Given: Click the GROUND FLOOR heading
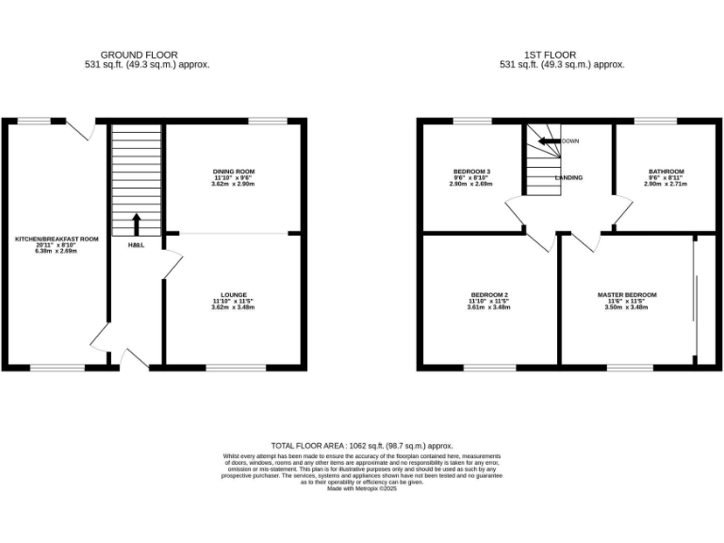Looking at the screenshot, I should (x=139, y=55).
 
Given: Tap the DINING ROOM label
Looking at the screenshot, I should (x=233, y=172).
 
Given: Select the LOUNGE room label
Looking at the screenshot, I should (x=233, y=295).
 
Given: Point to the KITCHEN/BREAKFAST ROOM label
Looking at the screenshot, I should (x=57, y=239).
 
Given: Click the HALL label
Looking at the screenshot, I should (x=136, y=246).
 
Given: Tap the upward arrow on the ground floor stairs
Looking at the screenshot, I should (x=136, y=223).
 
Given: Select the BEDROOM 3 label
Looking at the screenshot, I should (x=471, y=172).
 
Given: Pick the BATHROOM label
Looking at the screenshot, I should (x=666, y=172).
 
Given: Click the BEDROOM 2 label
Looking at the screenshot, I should (x=489, y=295).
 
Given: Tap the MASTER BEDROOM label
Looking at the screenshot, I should (x=627, y=295).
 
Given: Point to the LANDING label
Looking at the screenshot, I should (x=568, y=177).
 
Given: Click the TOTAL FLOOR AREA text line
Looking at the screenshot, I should (x=362, y=445).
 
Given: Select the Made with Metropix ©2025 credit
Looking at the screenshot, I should (x=362, y=488).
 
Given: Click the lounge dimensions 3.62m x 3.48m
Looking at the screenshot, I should (x=233, y=307).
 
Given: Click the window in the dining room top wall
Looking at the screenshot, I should (x=268, y=121).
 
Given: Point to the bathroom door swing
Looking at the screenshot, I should (x=622, y=213).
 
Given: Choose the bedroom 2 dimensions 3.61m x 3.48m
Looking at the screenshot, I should (x=489, y=307).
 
